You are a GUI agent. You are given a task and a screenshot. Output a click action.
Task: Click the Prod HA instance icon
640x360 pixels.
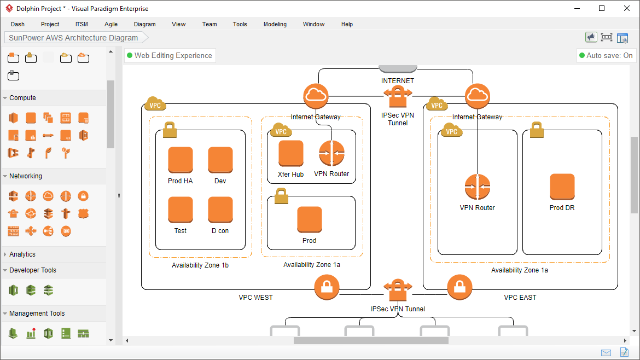(181, 160)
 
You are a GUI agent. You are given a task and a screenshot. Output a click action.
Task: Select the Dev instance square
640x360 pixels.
(220, 160)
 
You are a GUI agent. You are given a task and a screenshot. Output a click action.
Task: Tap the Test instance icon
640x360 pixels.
(181, 210)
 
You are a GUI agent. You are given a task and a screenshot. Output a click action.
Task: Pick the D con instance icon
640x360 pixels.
(220, 210)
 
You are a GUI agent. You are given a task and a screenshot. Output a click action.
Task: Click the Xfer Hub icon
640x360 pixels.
(290, 153)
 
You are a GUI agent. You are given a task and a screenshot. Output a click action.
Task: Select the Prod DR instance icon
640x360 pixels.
(562, 187)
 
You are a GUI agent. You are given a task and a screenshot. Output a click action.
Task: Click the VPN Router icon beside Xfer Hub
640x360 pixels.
(331, 153)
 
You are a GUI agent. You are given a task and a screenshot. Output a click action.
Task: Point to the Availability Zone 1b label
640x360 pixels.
(200, 265)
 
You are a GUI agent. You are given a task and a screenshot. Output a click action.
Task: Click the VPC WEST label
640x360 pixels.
(255, 298)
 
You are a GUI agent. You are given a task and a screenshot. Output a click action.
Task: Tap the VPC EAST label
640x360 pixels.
(520, 298)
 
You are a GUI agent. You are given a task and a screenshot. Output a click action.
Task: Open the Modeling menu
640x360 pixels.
(275, 24)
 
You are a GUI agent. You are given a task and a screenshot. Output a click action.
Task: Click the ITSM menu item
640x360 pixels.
(82, 24)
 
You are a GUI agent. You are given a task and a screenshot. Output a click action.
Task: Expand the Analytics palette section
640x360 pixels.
(22, 254)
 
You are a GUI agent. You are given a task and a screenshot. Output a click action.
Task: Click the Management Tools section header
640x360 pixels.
(37, 313)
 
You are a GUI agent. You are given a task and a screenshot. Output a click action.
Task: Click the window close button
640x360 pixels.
(627, 8)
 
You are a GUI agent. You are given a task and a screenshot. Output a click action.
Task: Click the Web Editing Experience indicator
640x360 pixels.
(170, 55)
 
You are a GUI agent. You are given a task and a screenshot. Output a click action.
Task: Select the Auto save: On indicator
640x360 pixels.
(606, 55)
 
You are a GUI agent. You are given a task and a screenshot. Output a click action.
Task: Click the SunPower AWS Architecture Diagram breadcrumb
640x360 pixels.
(73, 38)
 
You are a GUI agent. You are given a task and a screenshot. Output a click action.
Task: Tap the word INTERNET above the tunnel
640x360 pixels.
(398, 80)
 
